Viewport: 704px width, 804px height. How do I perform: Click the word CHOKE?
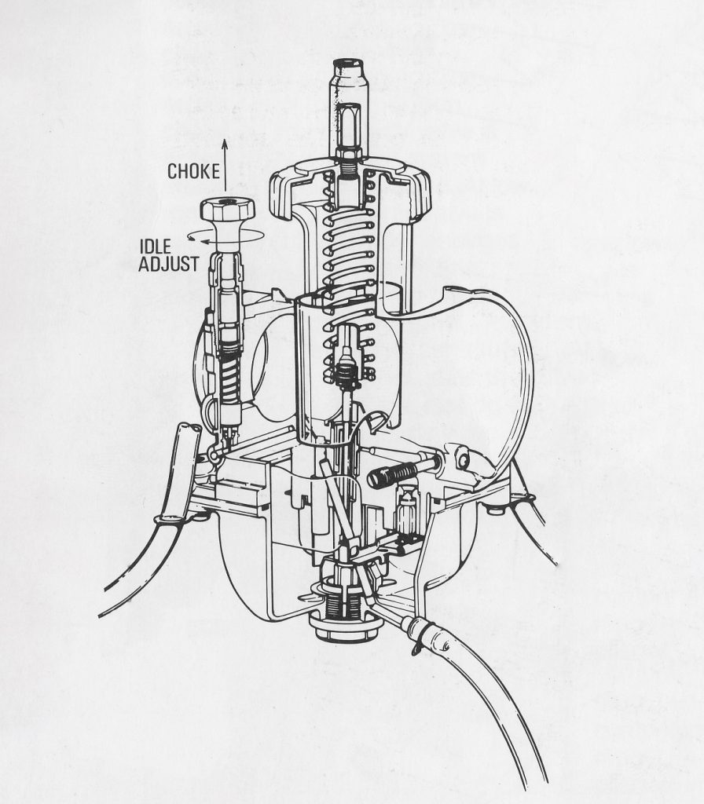[193, 171]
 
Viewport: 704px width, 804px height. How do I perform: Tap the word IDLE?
[156, 247]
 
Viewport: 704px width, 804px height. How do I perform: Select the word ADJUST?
[168, 264]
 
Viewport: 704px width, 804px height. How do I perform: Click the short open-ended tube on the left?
[189, 439]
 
